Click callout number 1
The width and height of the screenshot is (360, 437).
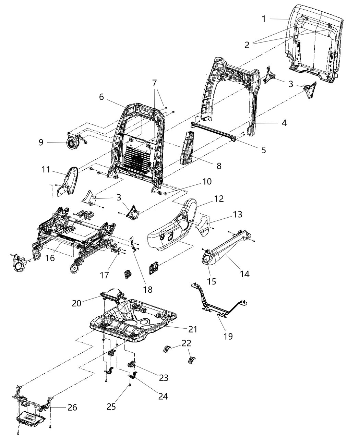264,19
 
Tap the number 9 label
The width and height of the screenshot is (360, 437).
41,142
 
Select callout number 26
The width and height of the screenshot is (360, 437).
72,408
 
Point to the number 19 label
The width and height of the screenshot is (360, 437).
228,336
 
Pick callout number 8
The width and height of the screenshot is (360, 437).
218,166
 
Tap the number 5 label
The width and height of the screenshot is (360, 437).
263,150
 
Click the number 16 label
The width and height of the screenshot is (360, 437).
50,258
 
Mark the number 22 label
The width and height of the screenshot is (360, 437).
187,343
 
